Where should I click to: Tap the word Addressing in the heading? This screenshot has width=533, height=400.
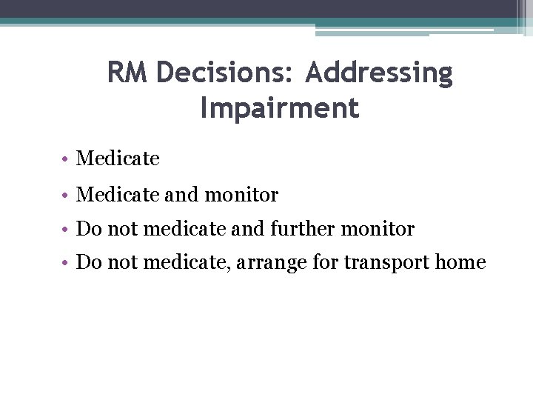click(378, 73)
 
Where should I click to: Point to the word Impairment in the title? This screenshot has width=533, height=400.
click(279, 108)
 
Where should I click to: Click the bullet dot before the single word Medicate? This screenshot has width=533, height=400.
click(66, 159)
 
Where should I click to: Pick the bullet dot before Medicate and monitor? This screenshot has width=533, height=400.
click(66, 195)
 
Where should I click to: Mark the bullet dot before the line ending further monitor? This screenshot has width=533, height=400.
click(66, 230)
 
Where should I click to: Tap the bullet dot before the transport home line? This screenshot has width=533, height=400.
click(66, 263)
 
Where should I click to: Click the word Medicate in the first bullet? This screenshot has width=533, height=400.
click(118, 159)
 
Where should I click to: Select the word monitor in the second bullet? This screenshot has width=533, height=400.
click(241, 195)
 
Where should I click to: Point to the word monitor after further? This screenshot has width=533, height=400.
click(378, 229)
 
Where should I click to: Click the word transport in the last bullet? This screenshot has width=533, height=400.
click(386, 263)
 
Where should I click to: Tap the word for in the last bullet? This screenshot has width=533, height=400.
click(329, 262)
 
